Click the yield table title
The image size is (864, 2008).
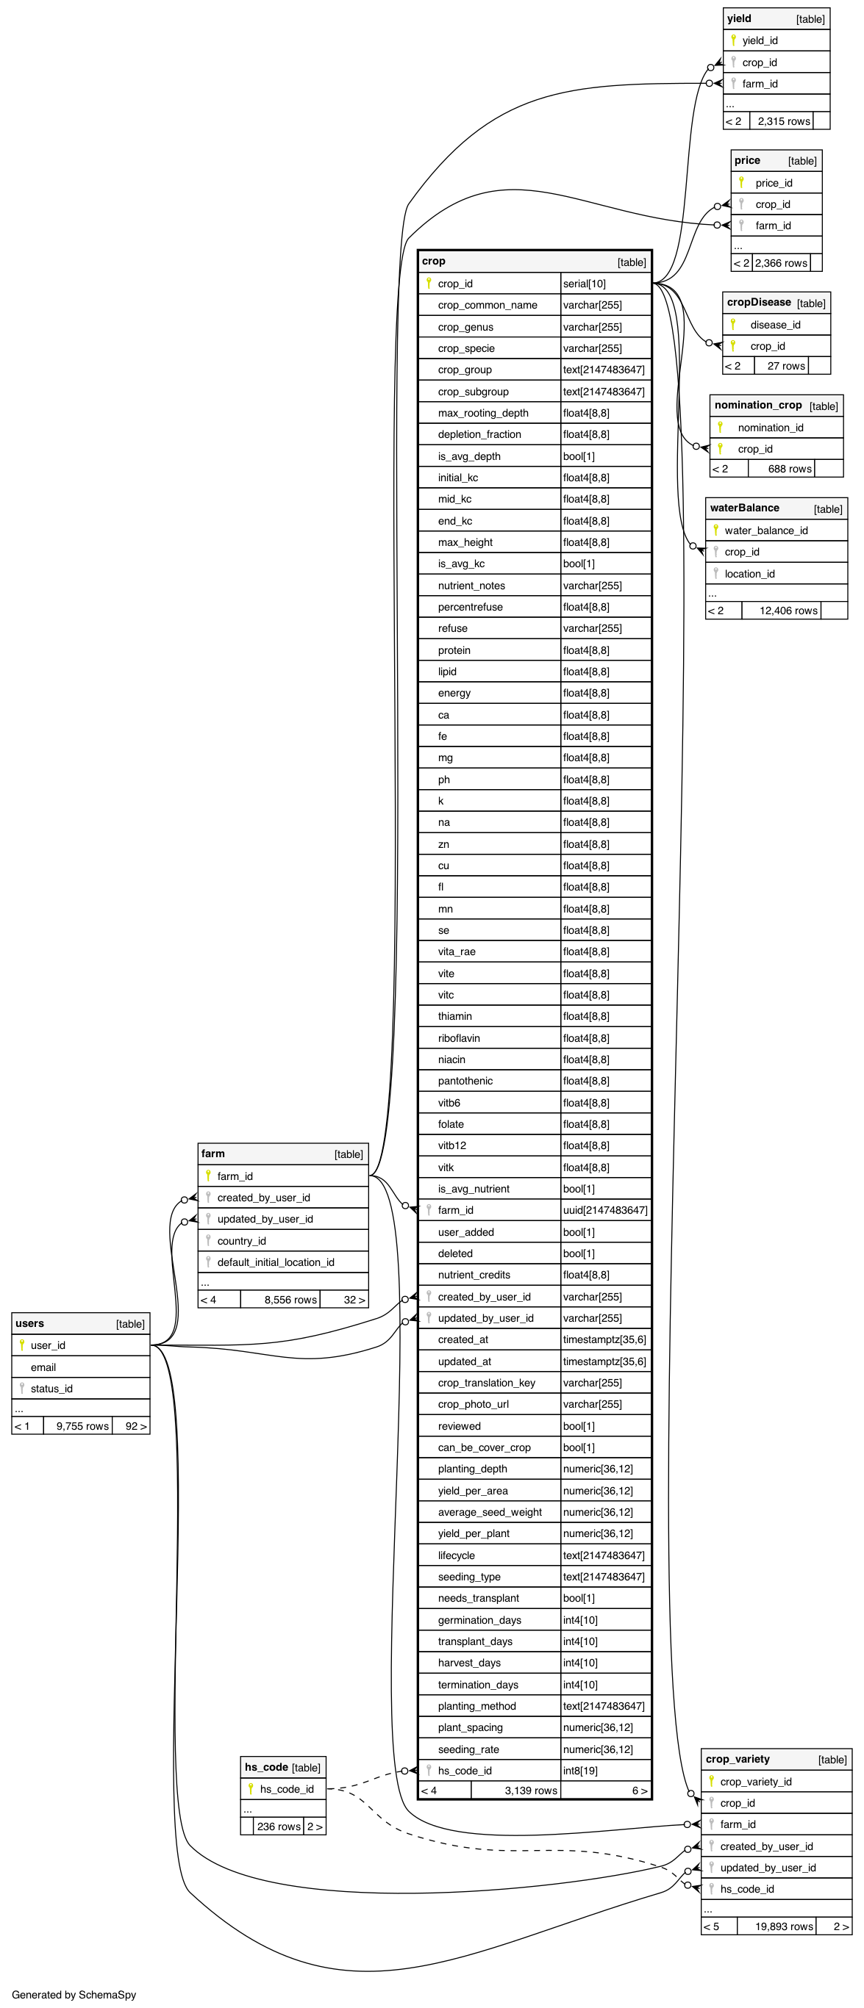(x=739, y=18)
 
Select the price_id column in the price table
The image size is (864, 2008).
(x=774, y=183)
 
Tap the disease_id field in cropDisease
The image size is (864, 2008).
(x=775, y=325)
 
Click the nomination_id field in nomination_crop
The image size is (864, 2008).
(x=771, y=427)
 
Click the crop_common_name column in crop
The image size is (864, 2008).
(x=488, y=306)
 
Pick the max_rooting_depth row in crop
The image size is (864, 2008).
(x=482, y=413)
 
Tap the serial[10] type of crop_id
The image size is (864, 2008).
(x=584, y=284)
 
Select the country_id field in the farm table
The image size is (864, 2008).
(x=242, y=1241)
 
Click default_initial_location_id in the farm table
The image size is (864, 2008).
(x=275, y=1262)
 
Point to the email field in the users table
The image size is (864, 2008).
(x=43, y=1367)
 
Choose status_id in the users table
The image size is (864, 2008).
(x=51, y=1389)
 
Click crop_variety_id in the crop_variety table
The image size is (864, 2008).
(x=756, y=1782)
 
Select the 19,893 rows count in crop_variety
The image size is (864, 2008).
(x=784, y=1926)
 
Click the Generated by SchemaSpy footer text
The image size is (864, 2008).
(x=74, y=1995)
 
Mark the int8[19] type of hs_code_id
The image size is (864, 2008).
(x=580, y=1770)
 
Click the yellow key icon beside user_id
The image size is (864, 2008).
(x=22, y=1345)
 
